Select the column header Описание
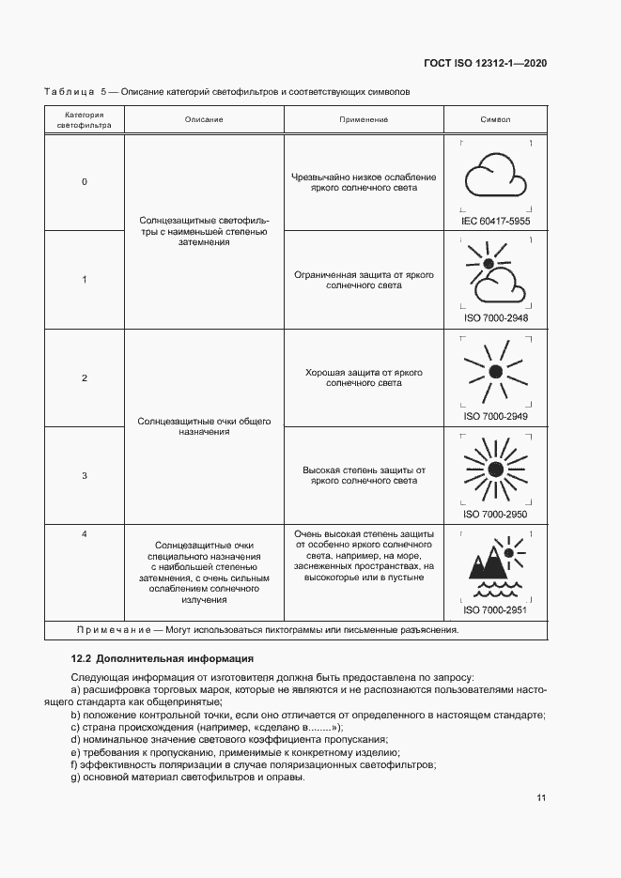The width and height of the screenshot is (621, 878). coord(204,120)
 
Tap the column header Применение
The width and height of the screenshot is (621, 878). coord(363,120)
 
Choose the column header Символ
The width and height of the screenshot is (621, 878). coord(495,120)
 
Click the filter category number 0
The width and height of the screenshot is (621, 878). coord(85,181)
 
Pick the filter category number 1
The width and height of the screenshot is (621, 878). coord(85,279)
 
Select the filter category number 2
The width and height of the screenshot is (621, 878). coord(85,377)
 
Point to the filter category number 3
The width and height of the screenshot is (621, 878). coord(85,475)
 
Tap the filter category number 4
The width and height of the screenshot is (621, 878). coord(85,534)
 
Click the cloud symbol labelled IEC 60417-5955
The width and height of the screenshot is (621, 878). coord(495,176)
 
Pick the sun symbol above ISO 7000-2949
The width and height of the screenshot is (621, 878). coord(495,371)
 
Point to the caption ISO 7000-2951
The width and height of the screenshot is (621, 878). coord(495,609)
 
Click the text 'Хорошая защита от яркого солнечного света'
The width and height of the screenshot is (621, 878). coord(363,377)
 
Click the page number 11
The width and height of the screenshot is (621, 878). coord(541,798)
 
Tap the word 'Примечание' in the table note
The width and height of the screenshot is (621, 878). coord(110,630)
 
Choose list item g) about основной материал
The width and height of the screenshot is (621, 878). coord(188,777)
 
